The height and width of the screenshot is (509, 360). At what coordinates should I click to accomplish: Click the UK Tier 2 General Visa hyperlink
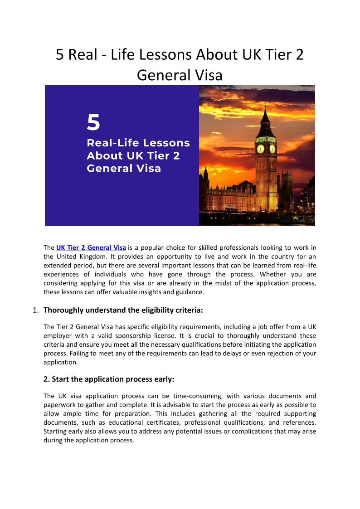point(91,247)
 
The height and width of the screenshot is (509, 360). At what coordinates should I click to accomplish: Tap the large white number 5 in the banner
point(93,123)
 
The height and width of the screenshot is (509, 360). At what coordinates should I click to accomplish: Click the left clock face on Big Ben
point(260,149)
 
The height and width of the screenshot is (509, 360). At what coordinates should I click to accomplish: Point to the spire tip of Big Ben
point(266,105)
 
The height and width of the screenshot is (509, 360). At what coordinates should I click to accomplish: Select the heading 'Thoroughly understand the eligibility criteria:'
point(123,310)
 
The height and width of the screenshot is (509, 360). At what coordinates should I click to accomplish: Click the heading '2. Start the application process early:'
point(109,379)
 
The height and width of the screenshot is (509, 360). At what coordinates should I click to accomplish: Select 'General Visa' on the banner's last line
point(124,169)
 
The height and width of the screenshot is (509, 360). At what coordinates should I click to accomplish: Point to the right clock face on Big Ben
point(272,149)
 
